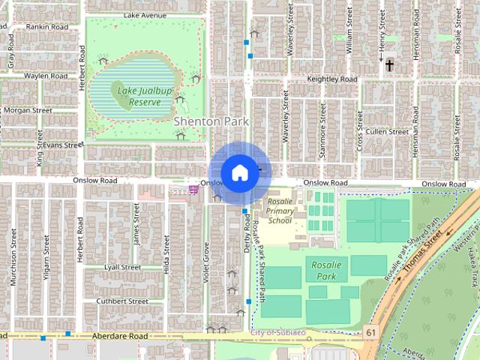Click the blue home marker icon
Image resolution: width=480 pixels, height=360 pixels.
[x=239, y=172]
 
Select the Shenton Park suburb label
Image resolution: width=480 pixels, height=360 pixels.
[x=211, y=121]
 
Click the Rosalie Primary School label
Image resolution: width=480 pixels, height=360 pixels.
[x=280, y=211]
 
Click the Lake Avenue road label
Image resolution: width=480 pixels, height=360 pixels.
[x=145, y=15]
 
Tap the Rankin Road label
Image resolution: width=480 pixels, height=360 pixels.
[x=46, y=26]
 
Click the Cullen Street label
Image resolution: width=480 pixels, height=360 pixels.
[x=386, y=131]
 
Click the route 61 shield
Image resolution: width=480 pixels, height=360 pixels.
[x=372, y=331]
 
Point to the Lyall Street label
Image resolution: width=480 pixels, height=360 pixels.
[x=122, y=267]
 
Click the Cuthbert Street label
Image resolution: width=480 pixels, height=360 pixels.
[x=119, y=301]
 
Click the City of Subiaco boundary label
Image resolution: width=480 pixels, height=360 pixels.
[x=277, y=332]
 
